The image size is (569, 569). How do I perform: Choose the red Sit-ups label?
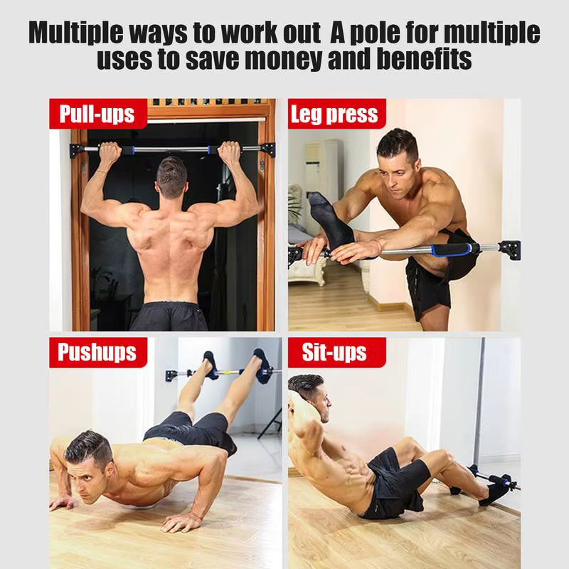tap(334, 352)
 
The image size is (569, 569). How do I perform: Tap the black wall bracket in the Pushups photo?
tap(172, 374)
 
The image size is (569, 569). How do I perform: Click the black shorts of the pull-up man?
tap(169, 317)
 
